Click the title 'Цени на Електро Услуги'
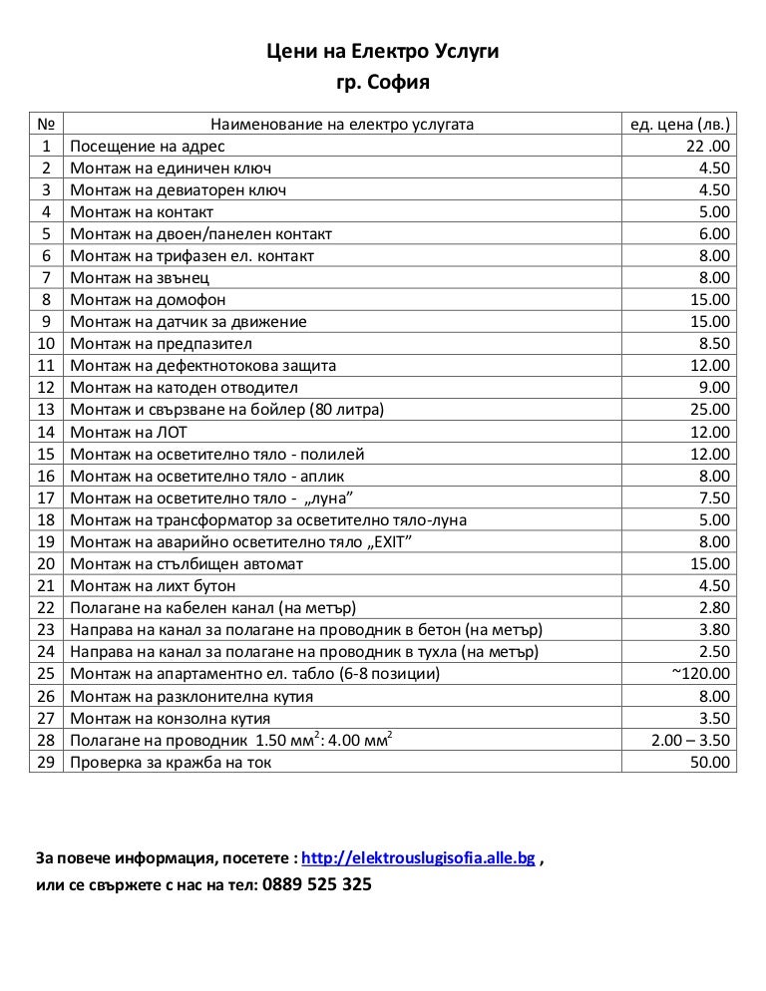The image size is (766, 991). click(383, 50)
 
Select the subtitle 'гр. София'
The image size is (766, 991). click(383, 82)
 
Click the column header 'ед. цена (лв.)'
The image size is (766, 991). click(679, 125)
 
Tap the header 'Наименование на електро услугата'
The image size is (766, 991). click(342, 125)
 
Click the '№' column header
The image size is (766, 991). click(45, 125)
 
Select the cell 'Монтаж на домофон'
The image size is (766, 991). click(148, 300)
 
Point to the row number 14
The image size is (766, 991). click(45, 432)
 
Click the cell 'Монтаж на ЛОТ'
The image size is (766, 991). click(129, 432)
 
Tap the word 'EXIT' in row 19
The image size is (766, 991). click(390, 541)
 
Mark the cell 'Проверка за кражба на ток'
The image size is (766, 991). click(171, 762)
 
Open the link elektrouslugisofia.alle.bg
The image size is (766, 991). click(418, 857)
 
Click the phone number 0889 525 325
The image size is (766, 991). click(317, 884)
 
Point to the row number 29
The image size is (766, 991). click(45, 762)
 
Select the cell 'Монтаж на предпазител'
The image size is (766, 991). click(161, 344)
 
